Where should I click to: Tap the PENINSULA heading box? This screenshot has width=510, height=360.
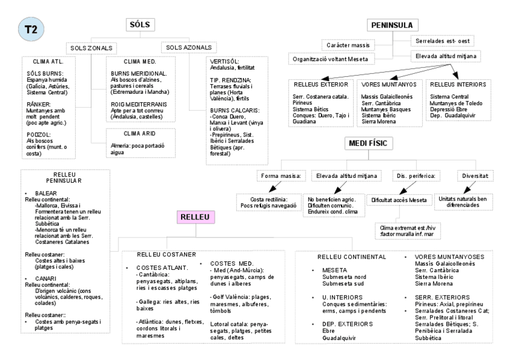pyautogui.click(x=392, y=25)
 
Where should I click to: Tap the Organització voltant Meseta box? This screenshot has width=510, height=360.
pyautogui.click(x=331, y=58)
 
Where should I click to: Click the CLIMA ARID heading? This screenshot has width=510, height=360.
pyautogui.click(x=130, y=135)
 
